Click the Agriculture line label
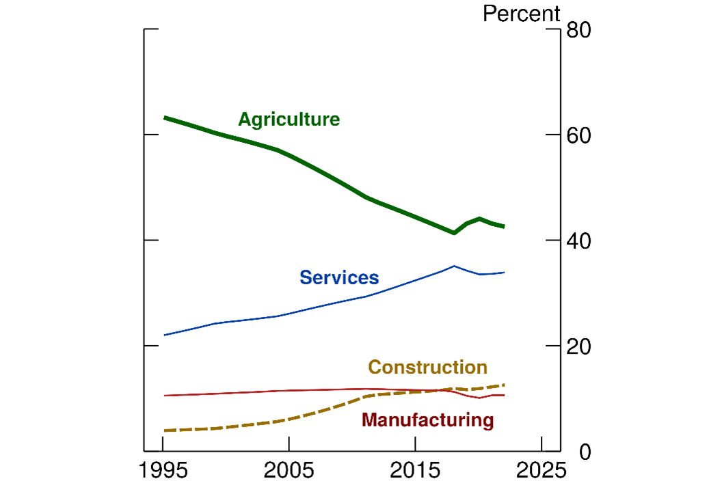point(289,120)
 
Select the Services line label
point(339,277)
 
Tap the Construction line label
point(427,368)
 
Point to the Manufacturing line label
point(427,420)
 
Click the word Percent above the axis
point(521,14)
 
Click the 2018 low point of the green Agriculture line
point(453,233)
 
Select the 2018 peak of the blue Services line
point(454,266)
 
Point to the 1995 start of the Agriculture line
point(164,118)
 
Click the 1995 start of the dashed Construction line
point(164,430)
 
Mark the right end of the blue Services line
point(504,273)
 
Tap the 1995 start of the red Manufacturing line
point(164,396)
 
